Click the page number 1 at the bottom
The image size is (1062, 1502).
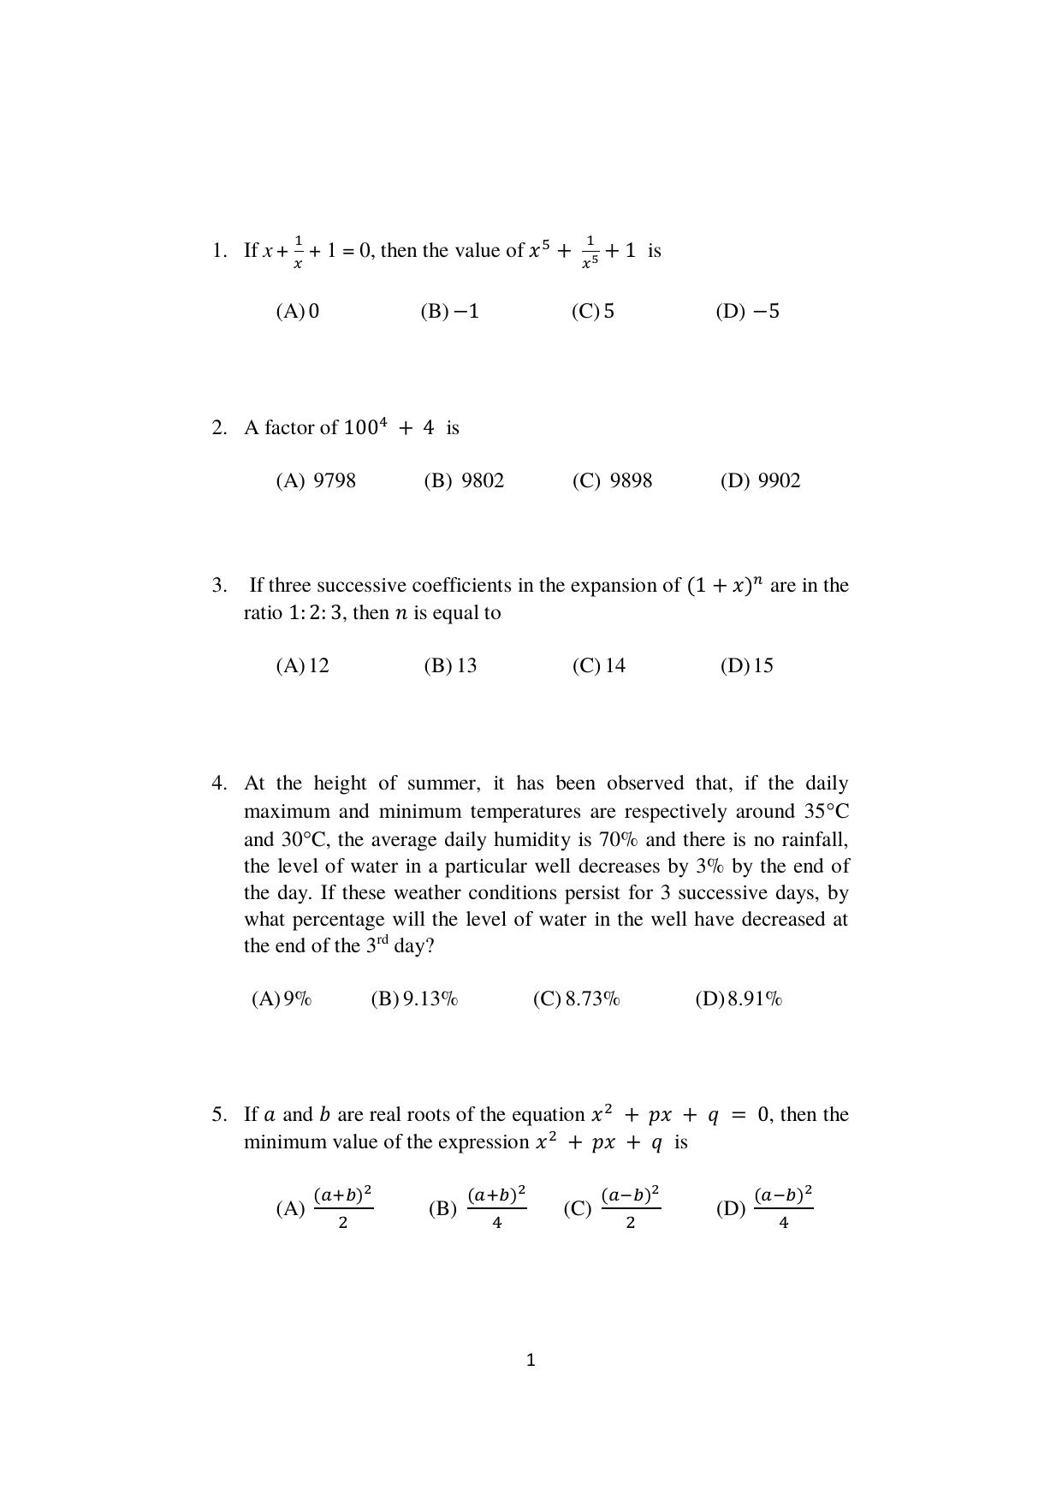531,1360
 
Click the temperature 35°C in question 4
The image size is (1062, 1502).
826,812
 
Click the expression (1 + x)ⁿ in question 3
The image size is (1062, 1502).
724,587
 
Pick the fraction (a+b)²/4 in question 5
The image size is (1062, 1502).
496,1207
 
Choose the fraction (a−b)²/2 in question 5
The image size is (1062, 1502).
631,1207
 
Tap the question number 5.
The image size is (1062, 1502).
219,1115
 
